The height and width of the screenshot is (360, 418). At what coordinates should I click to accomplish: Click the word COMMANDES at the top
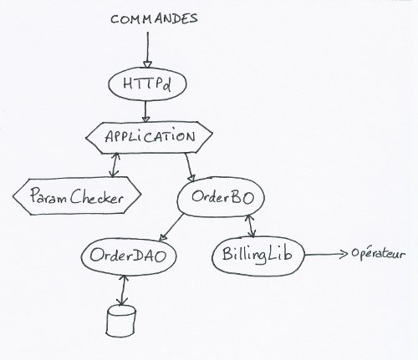click(x=154, y=19)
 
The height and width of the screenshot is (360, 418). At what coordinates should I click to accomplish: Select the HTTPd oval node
click(x=147, y=84)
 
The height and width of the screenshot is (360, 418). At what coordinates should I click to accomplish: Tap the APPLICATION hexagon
click(x=149, y=137)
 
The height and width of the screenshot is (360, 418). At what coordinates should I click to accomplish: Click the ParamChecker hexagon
click(x=77, y=196)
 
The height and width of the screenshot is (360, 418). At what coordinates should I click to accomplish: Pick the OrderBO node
click(x=221, y=197)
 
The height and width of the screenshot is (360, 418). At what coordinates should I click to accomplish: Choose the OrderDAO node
click(x=129, y=256)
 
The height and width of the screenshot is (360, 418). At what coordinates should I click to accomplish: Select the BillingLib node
click(x=258, y=255)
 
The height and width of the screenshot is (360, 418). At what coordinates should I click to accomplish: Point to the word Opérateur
click(x=378, y=254)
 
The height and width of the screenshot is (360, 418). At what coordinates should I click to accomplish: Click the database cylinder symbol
click(x=121, y=321)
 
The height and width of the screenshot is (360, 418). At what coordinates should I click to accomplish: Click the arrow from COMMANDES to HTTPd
click(x=147, y=49)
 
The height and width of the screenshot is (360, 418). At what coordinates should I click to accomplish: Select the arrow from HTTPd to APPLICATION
click(x=145, y=111)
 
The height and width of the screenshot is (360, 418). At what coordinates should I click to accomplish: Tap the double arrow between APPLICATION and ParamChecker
click(x=114, y=165)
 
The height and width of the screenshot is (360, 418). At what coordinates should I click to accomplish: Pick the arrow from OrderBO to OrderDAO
click(x=171, y=227)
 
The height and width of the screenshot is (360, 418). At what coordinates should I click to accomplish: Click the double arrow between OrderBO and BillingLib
click(x=250, y=226)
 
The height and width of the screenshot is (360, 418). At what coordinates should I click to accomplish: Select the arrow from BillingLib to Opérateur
click(x=326, y=254)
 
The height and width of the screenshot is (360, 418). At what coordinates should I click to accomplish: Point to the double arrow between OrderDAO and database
click(x=122, y=290)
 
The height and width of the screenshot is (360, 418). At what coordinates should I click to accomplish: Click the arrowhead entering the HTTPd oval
click(x=147, y=64)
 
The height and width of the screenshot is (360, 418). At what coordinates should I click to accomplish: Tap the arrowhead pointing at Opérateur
click(x=344, y=254)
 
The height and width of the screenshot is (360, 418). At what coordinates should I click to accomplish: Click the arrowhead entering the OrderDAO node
click(x=162, y=237)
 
